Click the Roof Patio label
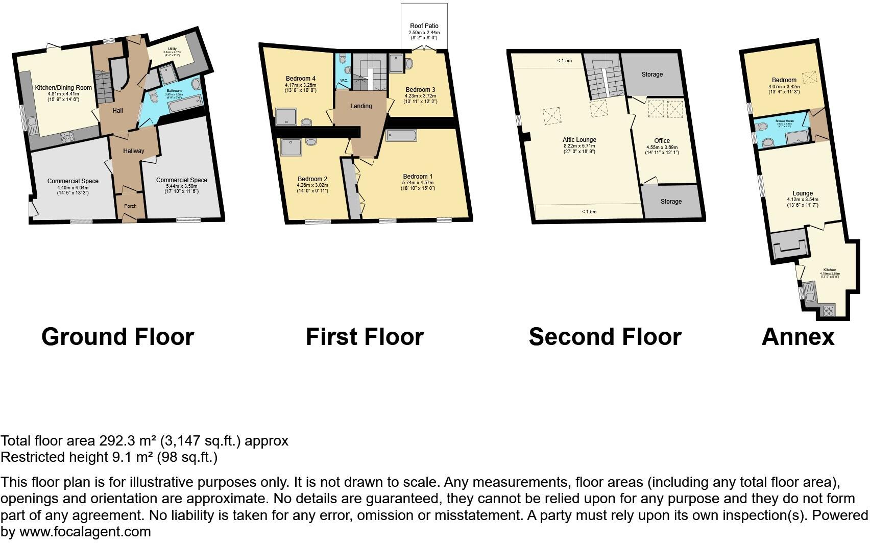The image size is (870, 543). pos(424,26)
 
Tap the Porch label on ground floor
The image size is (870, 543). pos(130,206)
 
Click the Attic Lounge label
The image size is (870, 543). pos(579,140)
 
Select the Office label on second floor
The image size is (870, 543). pos(662,141)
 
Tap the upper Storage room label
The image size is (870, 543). pos(652,75)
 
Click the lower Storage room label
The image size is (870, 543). pos(670,202)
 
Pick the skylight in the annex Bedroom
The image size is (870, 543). pos(810,77)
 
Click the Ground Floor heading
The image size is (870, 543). pos(117,337)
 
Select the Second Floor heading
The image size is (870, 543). pos(605,337)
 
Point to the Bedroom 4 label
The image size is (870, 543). pos(300,79)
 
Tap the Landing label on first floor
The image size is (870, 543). pos(360,106)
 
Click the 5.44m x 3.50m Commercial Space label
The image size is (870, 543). pos(181,180)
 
